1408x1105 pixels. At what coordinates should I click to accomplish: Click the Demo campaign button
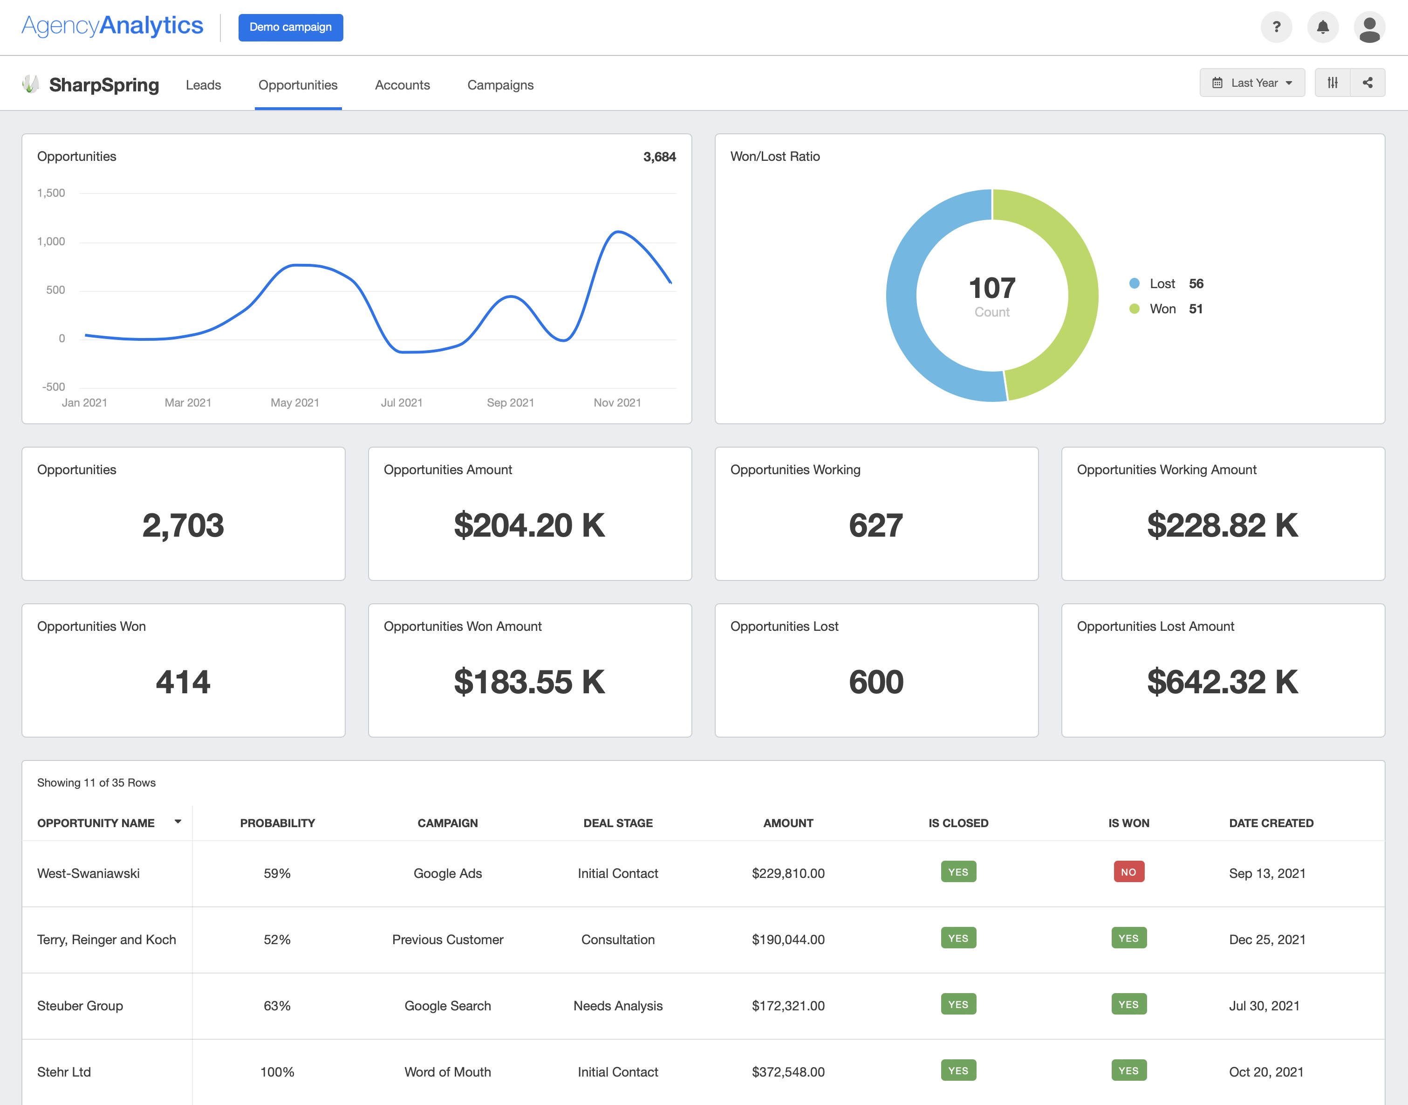(x=290, y=27)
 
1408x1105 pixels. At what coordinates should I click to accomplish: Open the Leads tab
(x=203, y=85)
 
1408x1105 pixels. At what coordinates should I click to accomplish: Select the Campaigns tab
(x=500, y=85)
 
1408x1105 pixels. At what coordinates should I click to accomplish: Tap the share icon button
(x=1367, y=83)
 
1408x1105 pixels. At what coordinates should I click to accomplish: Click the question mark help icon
(x=1276, y=27)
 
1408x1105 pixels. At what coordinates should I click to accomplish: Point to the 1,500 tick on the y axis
(x=51, y=193)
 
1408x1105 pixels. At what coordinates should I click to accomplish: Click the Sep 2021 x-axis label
(x=510, y=402)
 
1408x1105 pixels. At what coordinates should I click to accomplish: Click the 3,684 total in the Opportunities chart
(x=659, y=157)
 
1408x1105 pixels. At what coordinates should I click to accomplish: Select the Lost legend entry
(x=1162, y=283)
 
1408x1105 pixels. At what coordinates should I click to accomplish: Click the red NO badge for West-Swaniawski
(x=1128, y=871)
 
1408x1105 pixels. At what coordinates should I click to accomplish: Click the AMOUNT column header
(x=787, y=823)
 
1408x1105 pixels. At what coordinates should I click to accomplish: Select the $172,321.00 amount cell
(x=787, y=1005)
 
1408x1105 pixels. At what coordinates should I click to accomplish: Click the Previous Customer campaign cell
(x=447, y=939)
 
